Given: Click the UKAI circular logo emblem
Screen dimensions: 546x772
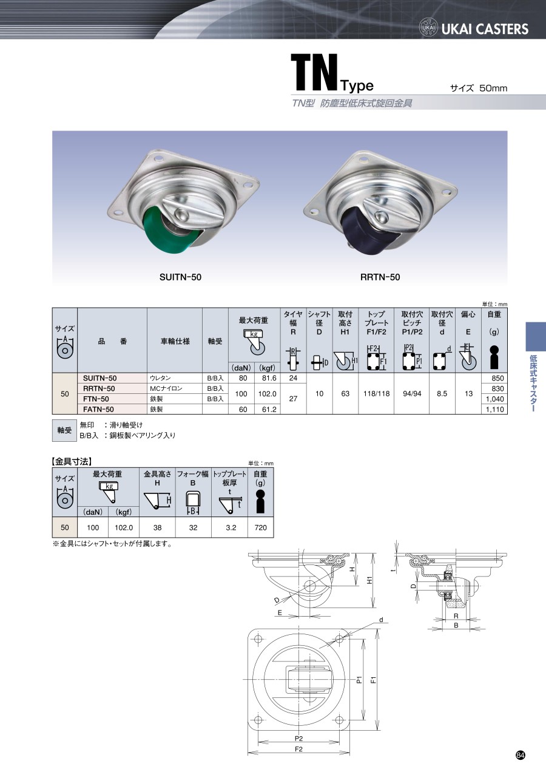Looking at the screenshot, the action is click(x=428, y=28).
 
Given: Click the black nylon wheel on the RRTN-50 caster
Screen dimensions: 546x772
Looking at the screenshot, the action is click(x=365, y=231).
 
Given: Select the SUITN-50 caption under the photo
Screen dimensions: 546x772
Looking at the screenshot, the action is click(x=180, y=277).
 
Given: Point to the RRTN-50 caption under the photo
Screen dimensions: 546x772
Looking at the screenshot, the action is click(x=380, y=277).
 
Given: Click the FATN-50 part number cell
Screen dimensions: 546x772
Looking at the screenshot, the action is click(x=98, y=409).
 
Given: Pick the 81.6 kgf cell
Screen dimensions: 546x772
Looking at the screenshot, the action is click(x=269, y=378).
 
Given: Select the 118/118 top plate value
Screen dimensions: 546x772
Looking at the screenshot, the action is click(x=376, y=393).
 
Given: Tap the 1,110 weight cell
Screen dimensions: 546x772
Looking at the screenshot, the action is click(x=494, y=410).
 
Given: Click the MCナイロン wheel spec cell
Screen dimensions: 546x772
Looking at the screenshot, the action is click(x=166, y=388).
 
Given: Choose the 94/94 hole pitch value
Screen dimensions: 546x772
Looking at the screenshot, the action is click(x=412, y=393).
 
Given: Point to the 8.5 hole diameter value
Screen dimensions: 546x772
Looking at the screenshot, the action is click(x=442, y=393).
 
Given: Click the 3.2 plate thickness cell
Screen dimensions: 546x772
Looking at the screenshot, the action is click(x=231, y=527).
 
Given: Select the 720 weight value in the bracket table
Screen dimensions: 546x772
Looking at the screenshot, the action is click(x=261, y=527).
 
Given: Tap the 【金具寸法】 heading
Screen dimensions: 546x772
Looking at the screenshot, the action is click(x=72, y=461).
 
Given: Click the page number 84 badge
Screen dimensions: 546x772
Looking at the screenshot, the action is click(x=521, y=756).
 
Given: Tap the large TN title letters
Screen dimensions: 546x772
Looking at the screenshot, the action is click(x=314, y=73).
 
